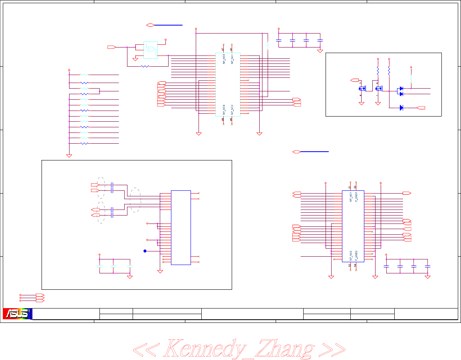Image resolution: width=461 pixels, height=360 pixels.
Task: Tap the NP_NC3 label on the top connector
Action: click(224, 59)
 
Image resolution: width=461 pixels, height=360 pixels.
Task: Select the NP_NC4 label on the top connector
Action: click(224, 110)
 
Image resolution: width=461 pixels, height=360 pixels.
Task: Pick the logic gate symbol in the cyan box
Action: click(151, 49)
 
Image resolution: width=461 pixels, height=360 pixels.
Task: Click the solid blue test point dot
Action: click(145, 251)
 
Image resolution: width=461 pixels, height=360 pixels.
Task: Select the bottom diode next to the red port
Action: click(401, 108)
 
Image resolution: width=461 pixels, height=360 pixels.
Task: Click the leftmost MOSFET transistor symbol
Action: click(362, 89)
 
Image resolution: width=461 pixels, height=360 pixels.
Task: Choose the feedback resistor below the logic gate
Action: click(145, 66)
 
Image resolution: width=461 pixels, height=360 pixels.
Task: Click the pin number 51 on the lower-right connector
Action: click(350, 187)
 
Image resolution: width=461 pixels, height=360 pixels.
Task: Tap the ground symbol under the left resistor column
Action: click(69, 156)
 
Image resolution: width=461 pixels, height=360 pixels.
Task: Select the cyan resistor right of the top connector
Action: click(267, 45)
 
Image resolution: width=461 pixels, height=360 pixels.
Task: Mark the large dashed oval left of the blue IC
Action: click(136, 200)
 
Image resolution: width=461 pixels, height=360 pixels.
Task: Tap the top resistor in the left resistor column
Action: click(84, 75)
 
